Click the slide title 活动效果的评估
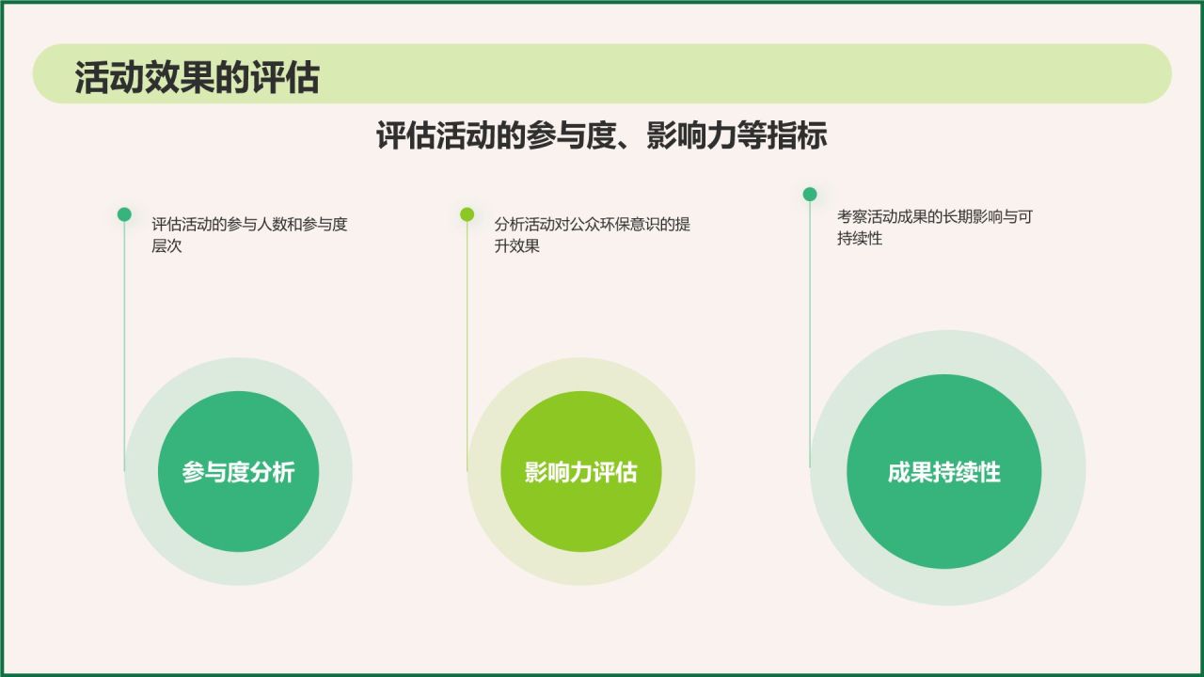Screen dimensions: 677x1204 (x=197, y=78)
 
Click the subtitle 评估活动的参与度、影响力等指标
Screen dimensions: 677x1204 (x=601, y=135)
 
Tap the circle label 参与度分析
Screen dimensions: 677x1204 (x=238, y=472)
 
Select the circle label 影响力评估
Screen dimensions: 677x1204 (x=580, y=472)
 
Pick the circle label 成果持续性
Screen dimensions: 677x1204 (x=943, y=472)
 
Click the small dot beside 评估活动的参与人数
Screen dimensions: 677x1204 (x=124, y=214)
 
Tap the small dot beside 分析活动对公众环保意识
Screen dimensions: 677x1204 (x=467, y=214)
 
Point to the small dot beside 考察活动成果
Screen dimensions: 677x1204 (x=810, y=195)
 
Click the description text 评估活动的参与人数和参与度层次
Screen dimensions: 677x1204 (x=249, y=235)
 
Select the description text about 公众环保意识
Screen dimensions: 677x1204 (x=592, y=235)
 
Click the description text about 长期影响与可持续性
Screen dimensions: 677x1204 (x=934, y=228)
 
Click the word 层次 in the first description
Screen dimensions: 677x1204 (x=166, y=246)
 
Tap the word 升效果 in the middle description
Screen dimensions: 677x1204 (x=517, y=246)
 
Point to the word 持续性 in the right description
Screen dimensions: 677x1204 (x=860, y=239)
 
